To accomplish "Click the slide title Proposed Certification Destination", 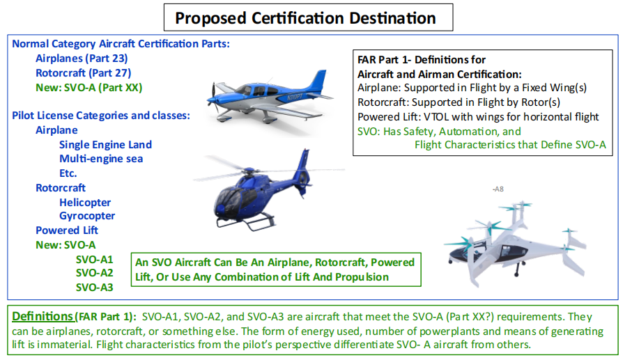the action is (305, 18).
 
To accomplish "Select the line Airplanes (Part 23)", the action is (82, 58).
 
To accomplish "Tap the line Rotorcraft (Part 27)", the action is (84, 73).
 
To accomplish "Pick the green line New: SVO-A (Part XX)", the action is (89, 87).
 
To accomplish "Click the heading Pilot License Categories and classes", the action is (101, 116).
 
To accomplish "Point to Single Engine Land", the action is (106, 145).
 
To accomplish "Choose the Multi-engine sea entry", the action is (101, 159).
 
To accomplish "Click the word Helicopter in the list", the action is (85, 202).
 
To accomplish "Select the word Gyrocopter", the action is (87, 216).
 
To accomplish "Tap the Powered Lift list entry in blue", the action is (67, 230).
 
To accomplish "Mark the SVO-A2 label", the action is (94, 273).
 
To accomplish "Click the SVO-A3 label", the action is (94, 287).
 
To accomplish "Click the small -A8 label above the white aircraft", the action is (498, 189).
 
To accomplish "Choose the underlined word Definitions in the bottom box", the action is (43, 316).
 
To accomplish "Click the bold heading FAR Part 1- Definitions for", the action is (421, 60).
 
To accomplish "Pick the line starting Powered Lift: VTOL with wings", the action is (478, 117).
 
